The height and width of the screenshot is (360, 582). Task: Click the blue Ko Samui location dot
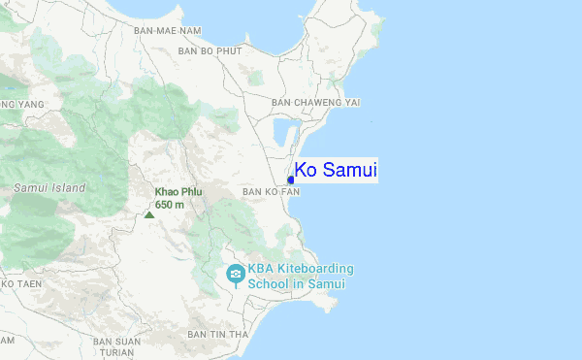coord(291,179)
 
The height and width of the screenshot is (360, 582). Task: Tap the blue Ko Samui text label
coord(336,171)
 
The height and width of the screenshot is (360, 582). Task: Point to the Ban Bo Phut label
coord(210,50)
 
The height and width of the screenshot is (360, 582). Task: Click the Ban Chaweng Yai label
coord(316,102)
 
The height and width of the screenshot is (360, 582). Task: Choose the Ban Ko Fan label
coord(271,192)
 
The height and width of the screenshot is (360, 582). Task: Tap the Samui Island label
coord(49,187)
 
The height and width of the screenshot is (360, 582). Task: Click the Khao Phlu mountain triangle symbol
coord(148,214)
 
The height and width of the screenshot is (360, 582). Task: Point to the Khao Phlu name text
coord(178,192)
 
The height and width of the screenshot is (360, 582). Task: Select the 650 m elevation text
coord(170,204)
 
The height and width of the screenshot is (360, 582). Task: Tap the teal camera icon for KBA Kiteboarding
coord(235,276)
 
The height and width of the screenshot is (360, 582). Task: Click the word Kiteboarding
coord(315,269)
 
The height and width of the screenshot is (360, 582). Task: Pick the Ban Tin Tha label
coord(218,334)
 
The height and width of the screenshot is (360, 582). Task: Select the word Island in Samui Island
coord(68,187)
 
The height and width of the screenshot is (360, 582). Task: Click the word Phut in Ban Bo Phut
coord(229,50)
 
